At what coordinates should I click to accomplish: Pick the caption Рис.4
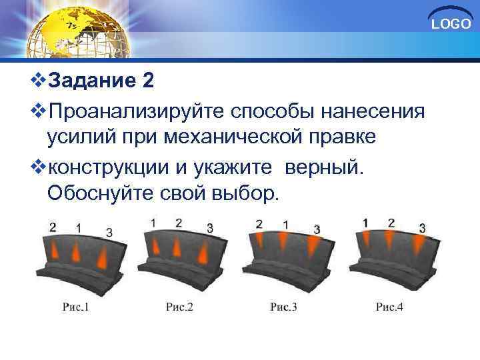pyautogui.click(x=390, y=307)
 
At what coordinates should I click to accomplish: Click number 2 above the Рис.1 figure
pyautogui.click(x=53, y=227)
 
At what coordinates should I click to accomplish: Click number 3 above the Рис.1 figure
pyautogui.click(x=109, y=231)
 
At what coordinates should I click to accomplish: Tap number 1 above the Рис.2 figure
pyautogui.click(x=154, y=222)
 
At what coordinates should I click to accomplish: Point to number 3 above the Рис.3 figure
pyautogui.click(x=317, y=229)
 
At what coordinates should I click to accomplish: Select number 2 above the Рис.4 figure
pyautogui.click(x=391, y=223)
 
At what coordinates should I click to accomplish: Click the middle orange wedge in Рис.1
pyautogui.click(x=75, y=254)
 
